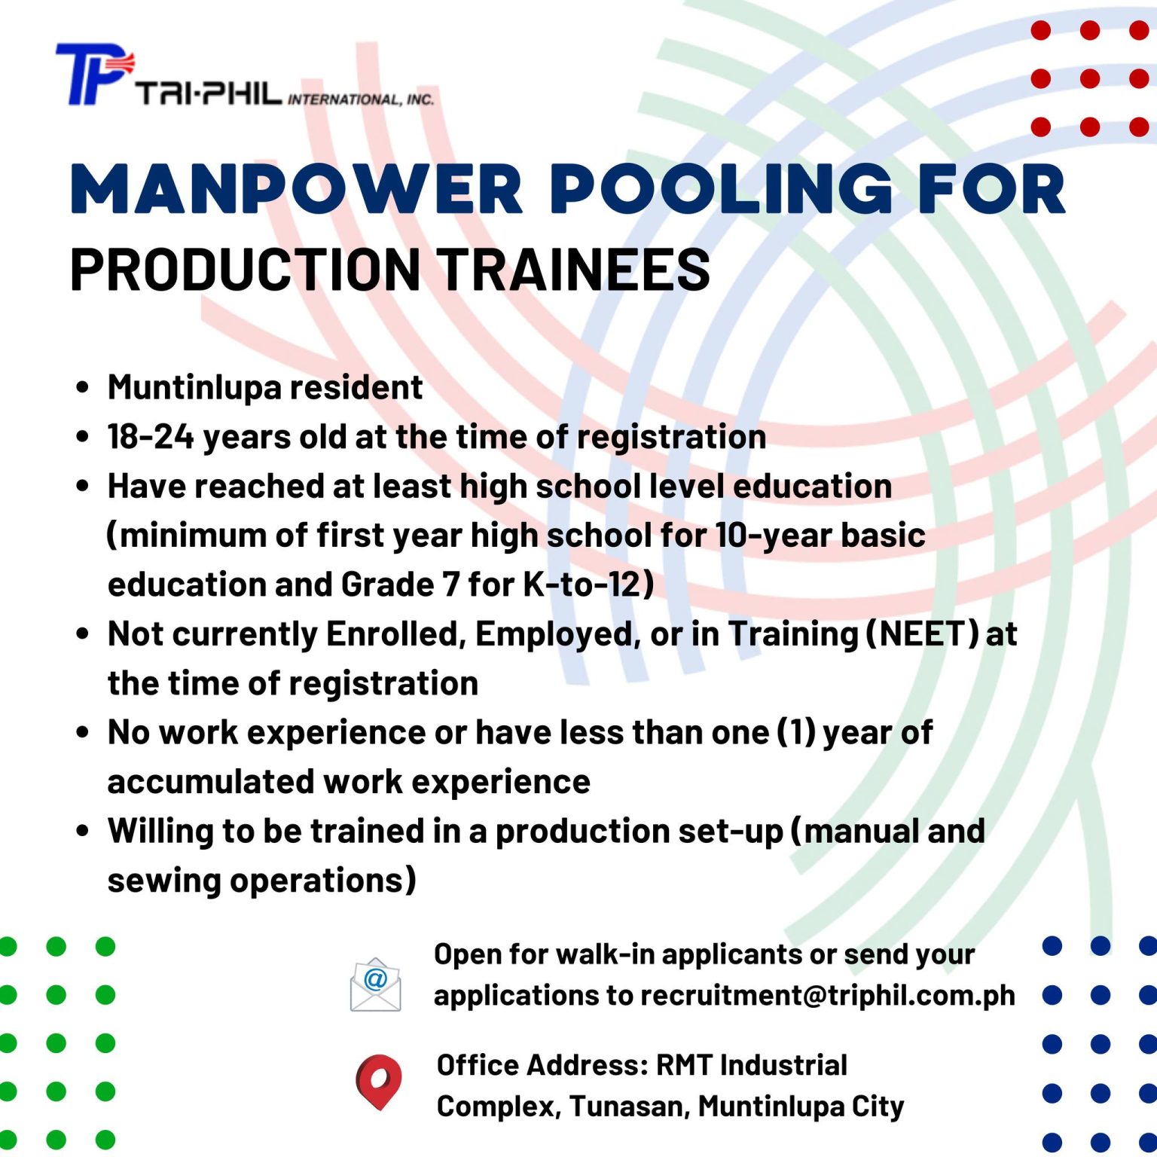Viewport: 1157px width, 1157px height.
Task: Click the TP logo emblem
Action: (x=94, y=73)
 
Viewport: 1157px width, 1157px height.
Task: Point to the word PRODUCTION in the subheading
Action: (x=246, y=269)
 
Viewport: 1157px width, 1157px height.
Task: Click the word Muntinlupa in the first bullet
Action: (x=194, y=388)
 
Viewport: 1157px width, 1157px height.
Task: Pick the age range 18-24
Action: (x=151, y=437)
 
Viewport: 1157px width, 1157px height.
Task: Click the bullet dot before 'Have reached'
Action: (x=83, y=486)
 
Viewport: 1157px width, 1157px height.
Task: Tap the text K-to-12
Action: (x=582, y=585)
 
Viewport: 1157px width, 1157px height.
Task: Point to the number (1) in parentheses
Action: (x=796, y=733)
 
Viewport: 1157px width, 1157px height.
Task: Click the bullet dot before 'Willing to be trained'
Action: (x=83, y=831)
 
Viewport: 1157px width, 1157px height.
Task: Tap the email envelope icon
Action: (x=375, y=984)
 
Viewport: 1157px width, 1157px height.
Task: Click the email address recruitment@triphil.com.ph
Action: (x=828, y=996)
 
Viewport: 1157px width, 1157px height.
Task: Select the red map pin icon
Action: (x=378, y=1082)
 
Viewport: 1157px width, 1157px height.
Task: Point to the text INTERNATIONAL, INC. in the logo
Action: (x=361, y=99)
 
